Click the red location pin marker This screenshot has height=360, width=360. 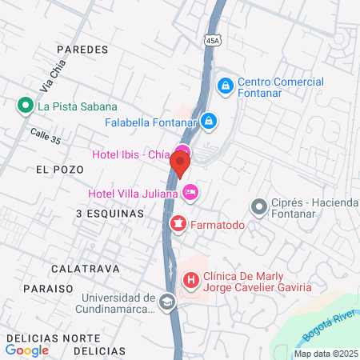pos(180,165)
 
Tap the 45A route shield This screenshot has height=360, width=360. pos(210,40)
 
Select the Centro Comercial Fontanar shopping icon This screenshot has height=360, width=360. pos(226,84)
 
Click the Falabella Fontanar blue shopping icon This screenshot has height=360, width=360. pos(208,121)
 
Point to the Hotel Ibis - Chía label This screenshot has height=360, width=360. pos(133,154)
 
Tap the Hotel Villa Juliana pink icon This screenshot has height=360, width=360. pos(190,192)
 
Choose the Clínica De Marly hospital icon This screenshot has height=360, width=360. pos(191,281)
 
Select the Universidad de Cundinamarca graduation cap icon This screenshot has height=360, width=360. pos(166,302)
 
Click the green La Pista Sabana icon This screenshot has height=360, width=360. pos(26,106)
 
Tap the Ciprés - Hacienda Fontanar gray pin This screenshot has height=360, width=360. pos(258,208)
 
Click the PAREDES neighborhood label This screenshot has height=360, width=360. pos(82,50)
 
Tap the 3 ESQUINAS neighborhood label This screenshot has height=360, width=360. pos(110,214)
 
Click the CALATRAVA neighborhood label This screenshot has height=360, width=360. pos(84,268)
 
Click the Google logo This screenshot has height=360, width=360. pos(27,350)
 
